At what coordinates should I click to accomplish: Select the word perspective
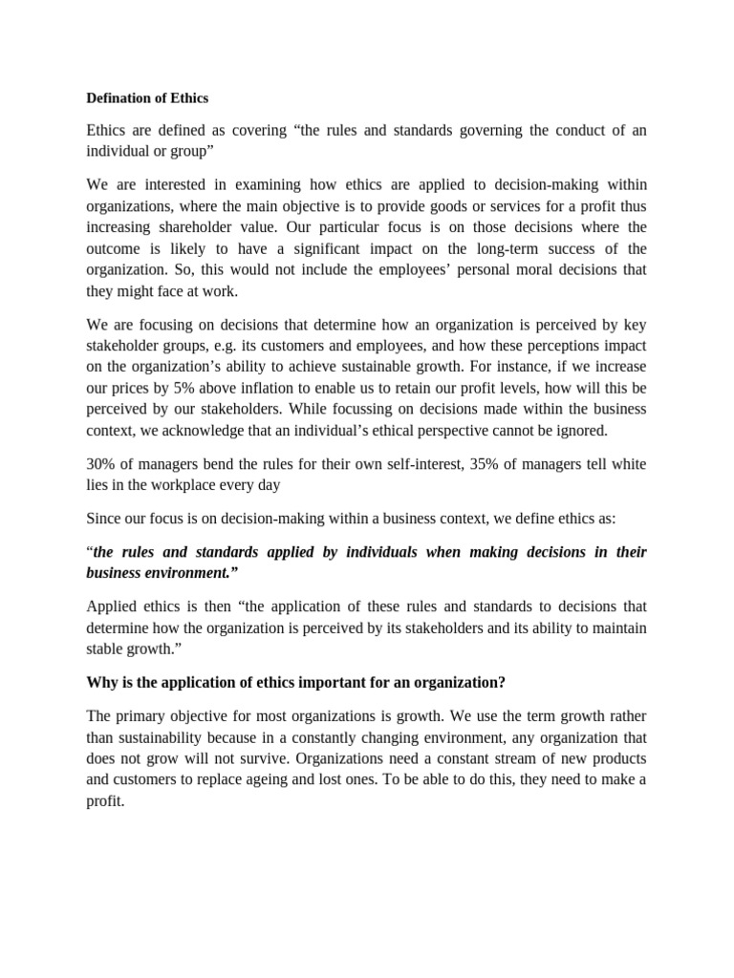pyautogui.click(x=498, y=431)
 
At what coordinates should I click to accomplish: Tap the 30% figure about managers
pyautogui.click(x=102, y=463)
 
